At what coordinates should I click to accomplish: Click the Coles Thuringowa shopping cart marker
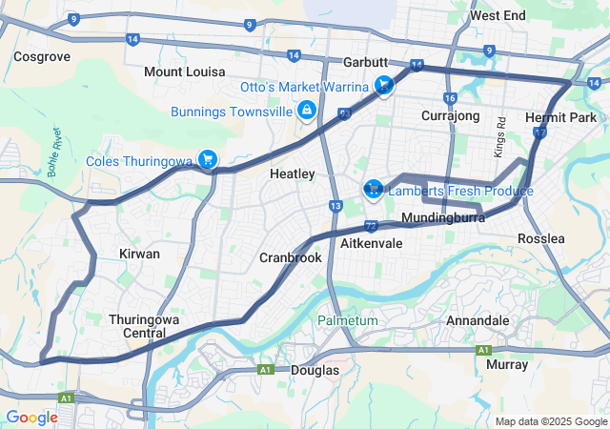point(206,159)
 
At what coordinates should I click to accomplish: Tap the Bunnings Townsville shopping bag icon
point(306,112)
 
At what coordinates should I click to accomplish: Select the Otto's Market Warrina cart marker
point(383,87)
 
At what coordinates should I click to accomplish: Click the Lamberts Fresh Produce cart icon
point(373,188)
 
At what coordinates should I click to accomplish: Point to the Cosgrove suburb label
point(42,57)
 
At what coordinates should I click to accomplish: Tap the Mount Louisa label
point(184,72)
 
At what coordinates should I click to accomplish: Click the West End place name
point(498,16)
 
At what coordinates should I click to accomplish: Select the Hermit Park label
point(560,117)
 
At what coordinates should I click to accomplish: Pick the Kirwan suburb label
point(139,254)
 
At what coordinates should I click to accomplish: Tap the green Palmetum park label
point(348,320)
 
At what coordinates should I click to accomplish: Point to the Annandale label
point(478,321)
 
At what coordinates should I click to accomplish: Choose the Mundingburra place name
point(444,219)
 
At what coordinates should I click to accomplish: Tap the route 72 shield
point(371,226)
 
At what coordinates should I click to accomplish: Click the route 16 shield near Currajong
point(450,98)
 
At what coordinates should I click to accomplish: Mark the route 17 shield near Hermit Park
point(540,134)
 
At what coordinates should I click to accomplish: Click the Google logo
point(31,417)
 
